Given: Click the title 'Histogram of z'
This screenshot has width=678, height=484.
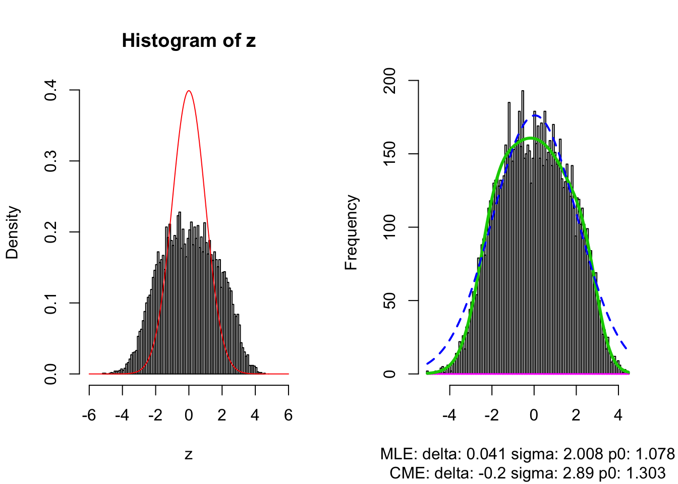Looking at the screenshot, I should pos(189,40).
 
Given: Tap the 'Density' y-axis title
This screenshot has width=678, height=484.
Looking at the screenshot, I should pos(12,232).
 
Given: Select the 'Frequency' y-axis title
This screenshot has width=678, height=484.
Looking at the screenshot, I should pos(351,232).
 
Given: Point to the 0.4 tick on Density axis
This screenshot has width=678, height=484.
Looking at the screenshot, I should pos(50,90).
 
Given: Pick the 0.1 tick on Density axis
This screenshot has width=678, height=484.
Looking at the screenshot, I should pos(50,303).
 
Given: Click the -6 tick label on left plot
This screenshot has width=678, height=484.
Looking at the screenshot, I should pos(89,415).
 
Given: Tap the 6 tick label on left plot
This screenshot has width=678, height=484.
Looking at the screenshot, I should pos(288,415).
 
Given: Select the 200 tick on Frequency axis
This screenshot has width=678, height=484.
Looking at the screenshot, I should pos(389,81).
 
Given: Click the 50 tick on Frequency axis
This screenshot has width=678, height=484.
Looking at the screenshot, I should pos(389,301).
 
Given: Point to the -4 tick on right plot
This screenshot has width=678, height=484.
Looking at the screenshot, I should pos(449,415).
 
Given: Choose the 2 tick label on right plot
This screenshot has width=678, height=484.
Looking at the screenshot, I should pos(576,415).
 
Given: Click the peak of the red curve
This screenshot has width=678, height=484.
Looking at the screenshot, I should pos(189,91).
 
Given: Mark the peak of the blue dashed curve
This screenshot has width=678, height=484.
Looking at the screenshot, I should pos(534,115).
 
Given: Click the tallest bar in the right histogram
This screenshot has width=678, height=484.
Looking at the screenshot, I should pos(522,92).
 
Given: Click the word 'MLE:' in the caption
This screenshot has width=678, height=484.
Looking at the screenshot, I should pos(399,454).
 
